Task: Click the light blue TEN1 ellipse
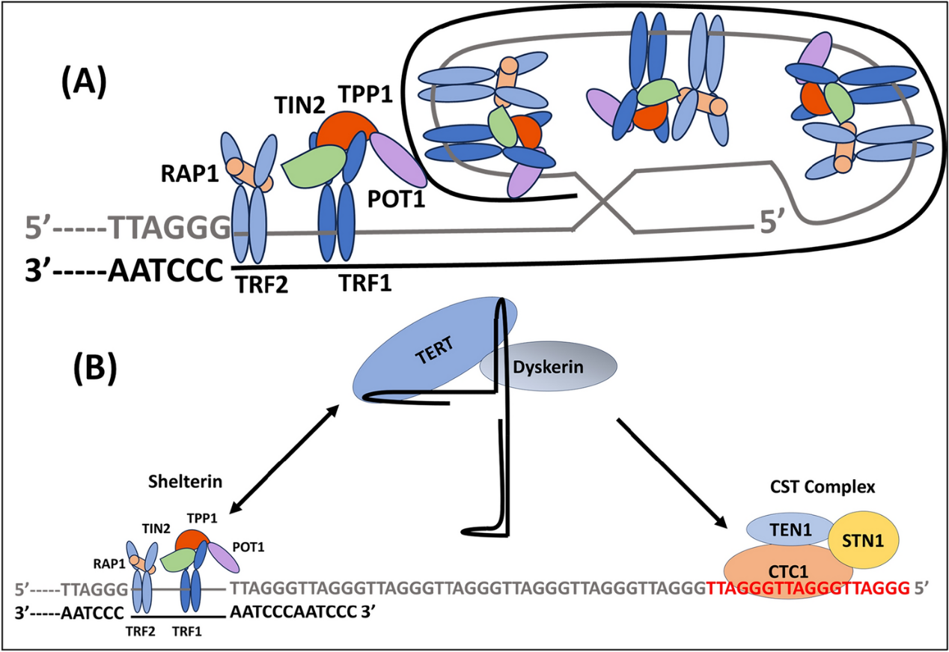pyautogui.click(x=790, y=530)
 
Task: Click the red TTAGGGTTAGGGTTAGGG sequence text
pyautogui.click(x=807, y=588)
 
